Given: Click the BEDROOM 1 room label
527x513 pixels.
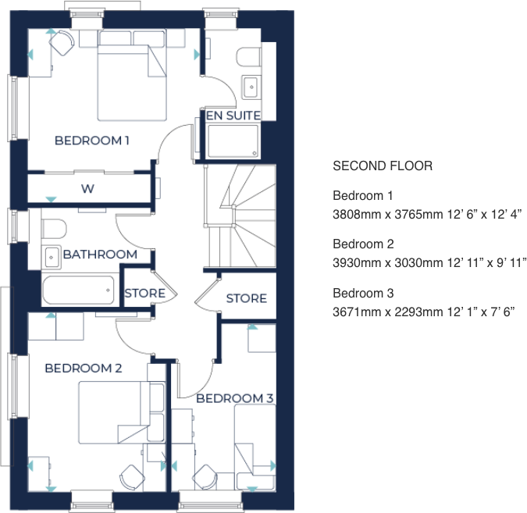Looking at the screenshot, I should click(x=91, y=141).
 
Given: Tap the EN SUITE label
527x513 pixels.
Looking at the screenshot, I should click(x=233, y=116).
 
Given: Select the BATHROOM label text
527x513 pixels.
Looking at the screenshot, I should click(x=100, y=255).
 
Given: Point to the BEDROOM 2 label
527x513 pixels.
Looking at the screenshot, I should click(x=83, y=368).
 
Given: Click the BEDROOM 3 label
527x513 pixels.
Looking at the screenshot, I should click(x=234, y=398).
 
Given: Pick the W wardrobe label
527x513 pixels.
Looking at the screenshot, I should click(x=87, y=189).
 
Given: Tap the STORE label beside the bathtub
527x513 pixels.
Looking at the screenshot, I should click(x=144, y=294).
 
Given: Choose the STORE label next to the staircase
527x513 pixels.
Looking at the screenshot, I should click(x=246, y=298).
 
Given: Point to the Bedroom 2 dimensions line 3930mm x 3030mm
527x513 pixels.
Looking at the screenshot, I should click(x=429, y=262).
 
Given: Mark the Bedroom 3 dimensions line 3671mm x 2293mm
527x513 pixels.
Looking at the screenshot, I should click(x=423, y=312).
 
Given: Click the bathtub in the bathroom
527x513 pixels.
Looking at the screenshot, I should click(x=78, y=290).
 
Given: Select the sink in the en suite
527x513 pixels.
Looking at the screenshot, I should click(x=251, y=87).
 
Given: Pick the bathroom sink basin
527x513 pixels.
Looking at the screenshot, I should click(x=52, y=256).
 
